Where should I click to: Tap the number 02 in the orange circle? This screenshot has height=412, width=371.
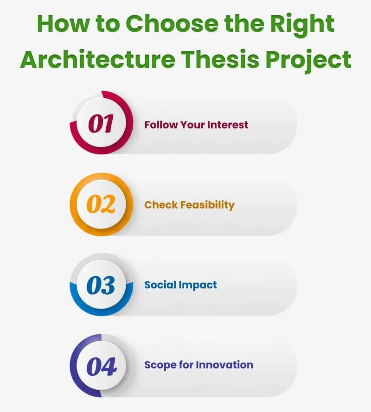(x=101, y=204)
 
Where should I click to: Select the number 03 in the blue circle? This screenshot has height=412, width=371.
(x=101, y=285)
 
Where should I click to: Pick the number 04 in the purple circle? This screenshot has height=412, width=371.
(x=101, y=366)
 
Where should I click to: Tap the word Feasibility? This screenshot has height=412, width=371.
(x=207, y=205)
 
